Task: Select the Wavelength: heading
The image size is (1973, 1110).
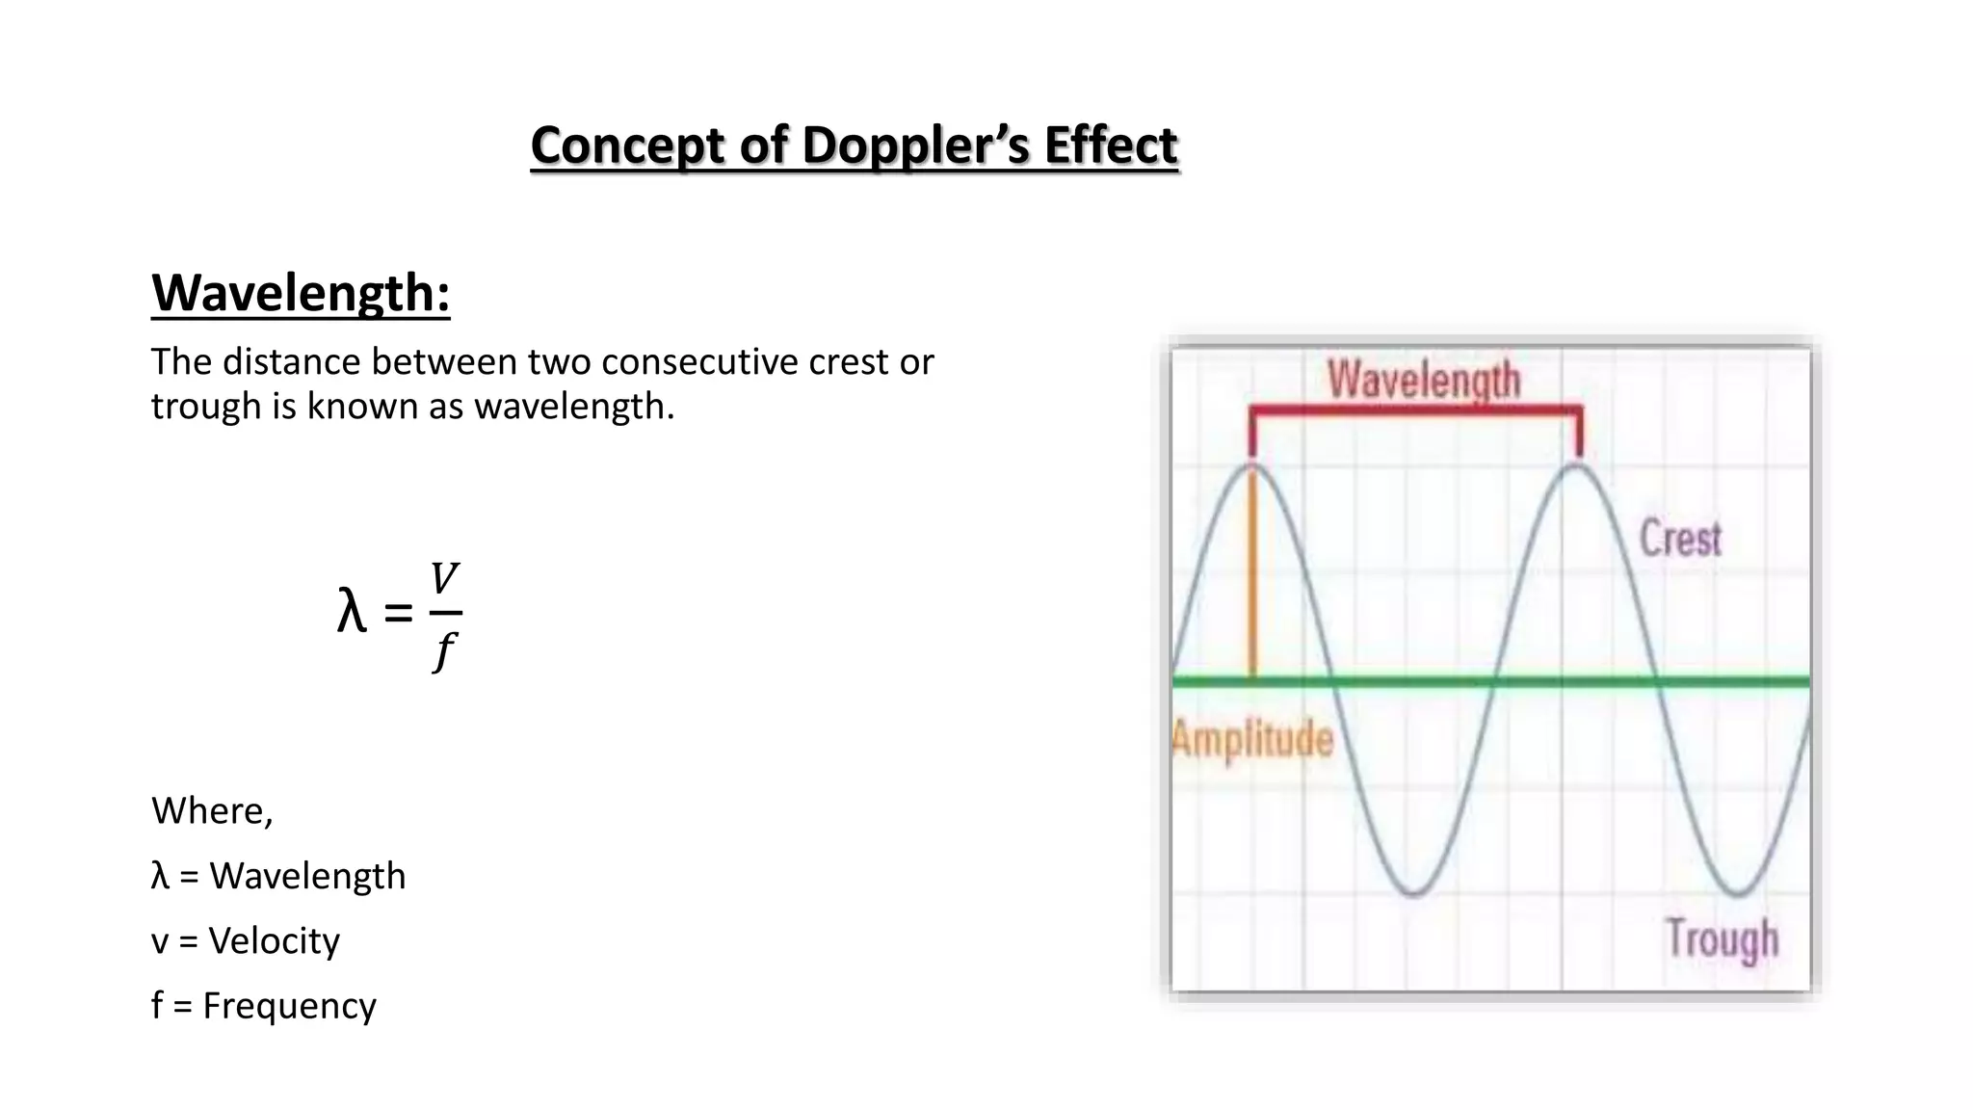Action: point(301,293)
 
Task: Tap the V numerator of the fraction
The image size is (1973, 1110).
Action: point(444,580)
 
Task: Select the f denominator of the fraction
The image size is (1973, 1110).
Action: point(443,650)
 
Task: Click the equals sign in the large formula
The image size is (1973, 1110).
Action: point(398,613)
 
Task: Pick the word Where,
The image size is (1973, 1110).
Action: point(212,811)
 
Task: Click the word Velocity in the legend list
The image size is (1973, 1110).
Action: point(275,941)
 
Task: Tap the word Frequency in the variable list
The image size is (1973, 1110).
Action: point(289,1006)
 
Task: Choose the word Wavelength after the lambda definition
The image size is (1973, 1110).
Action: point(307,877)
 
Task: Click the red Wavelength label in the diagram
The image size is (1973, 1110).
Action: point(1424,380)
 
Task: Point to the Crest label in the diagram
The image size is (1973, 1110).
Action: point(1680,539)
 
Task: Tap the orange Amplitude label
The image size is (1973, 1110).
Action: point(1252,740)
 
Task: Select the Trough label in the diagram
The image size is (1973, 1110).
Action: point(1722,938)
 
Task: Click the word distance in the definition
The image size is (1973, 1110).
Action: point(293,362)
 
